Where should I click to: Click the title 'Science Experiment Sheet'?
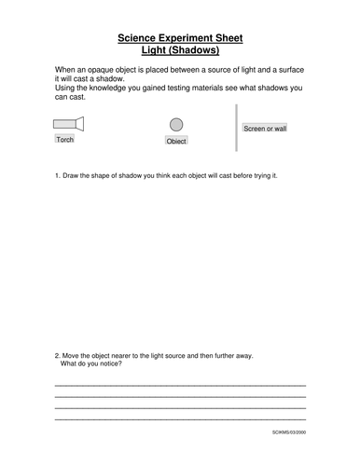[x=180, y=38]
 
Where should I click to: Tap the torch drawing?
[x=68, y=123]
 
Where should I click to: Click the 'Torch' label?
[x=64, y=139]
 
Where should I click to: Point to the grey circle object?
[x=176, y=124]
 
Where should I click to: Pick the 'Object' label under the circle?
[x=176, y=141]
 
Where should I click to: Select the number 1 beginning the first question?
[x=58, y=175]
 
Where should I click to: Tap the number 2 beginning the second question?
[x=58, y=355]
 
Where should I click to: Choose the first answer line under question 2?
[x=180, y=385]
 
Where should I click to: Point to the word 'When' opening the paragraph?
[x=66, y=71]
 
